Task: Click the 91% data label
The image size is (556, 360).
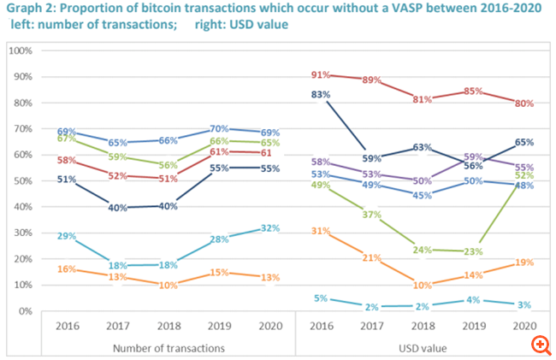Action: pyautogui.click(x=322, y=74)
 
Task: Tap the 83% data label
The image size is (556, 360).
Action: pyautogui.click(x=322, y=94)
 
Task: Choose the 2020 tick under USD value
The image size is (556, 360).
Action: pyautogui.click(x=525, y=327)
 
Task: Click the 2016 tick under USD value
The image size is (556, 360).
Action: pyautogui.click(x=322, y=327)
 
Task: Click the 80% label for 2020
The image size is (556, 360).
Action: pyautogui.click(x=524, y=103)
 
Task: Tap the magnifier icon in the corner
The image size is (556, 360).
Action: pyautogui.click(x=540, y=345)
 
